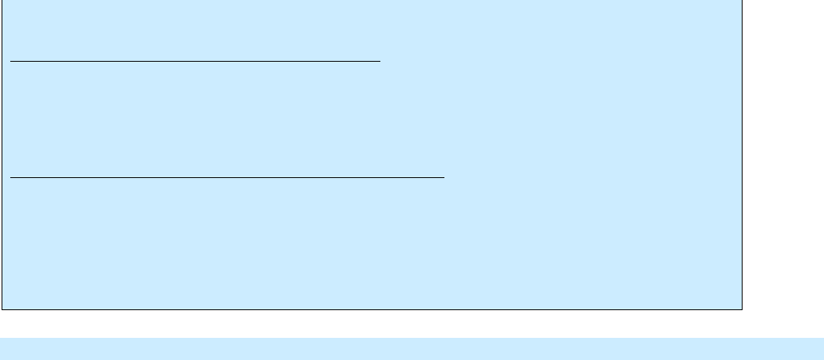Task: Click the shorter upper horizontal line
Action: pyautogui.click(x=195, y=60)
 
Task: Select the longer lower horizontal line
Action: pyautogui.click(x=228, y=178)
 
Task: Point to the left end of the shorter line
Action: pyautogui.click(x=11, y=60)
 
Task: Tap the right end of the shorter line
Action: pyautogui.click(x=380, y=60)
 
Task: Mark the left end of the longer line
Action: pyautogui.click(x=11, y=178)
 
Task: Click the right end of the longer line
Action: pyautogui.click(x=444, y=178)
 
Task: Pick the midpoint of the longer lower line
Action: pyautogui.click(x=228, y=178)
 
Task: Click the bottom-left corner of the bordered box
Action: pyautogui.click(x=2, y=308)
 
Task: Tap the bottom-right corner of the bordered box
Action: pyautogui.click(x=742, y=308)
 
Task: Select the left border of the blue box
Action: pyautogui.click(x=2, y=158)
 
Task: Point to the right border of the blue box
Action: pyautogui.click(x=742, y=158)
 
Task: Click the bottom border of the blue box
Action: pyautogui.click(x=372, y=308)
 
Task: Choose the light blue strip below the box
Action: pyautogui.click(x=411, y=349)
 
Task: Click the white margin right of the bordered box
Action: pyautogui.click(x=783, y=158)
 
